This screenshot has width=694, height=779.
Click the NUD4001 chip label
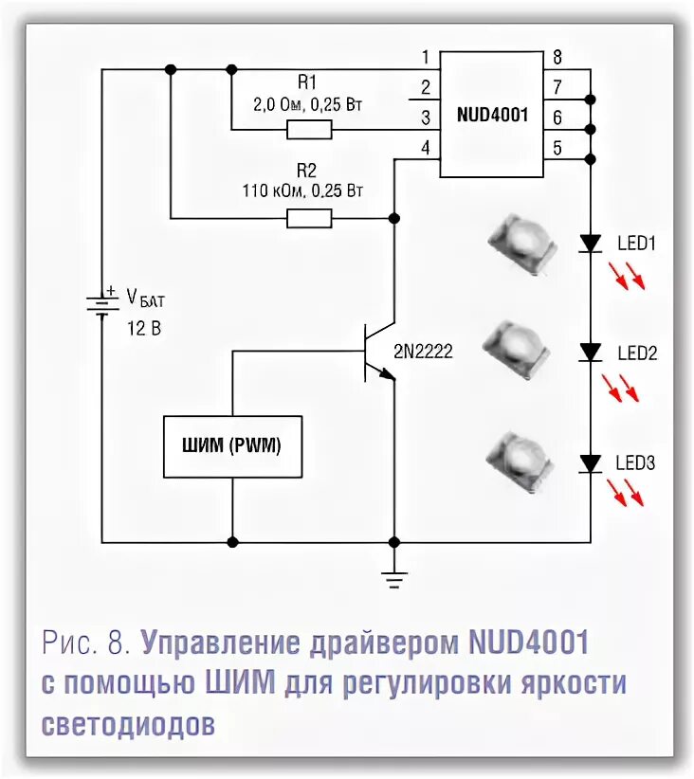click(492, 115)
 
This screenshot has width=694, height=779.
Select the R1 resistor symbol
click(309, 129)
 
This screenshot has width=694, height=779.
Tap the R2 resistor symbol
click(309, 219)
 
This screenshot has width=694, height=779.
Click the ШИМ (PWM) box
click(232, 445)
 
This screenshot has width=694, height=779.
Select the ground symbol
click(393, 577)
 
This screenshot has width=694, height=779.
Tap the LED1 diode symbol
click(592, 244)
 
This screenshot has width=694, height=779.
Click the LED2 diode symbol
click(592, 353)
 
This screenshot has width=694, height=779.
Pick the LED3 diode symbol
click(592, 463)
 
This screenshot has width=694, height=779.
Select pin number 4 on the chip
click(426, 147)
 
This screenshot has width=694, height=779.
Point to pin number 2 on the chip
click(426, 87)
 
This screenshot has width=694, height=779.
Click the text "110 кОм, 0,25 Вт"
click(302, 191)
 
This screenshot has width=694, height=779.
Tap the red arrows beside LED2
click(621, 386)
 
